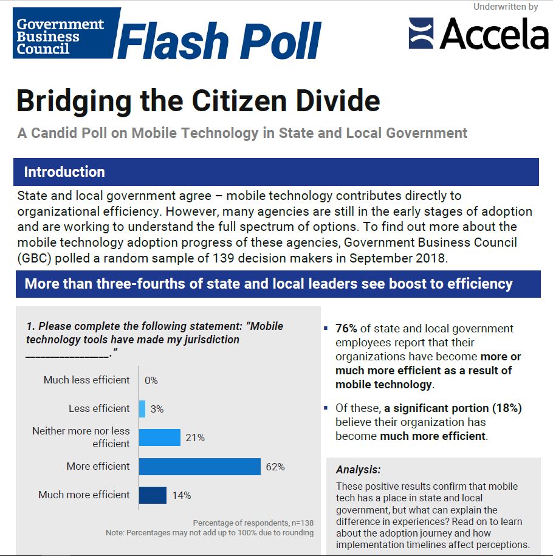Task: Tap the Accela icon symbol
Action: coord(421,33)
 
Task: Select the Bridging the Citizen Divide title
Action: coord(198,101)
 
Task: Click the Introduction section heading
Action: coord(64,172)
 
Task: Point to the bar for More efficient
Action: coord(199,467)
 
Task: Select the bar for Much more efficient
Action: coord(153,495)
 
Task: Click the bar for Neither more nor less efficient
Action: coord(159,438)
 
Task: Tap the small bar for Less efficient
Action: coord(142,409)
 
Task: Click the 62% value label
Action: coord(275,467)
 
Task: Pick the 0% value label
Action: coord(151,380)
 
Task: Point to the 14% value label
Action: coord(181,495)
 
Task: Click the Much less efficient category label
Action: coord(87,380)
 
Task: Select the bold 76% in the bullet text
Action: coord(346,329)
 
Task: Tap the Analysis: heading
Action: coord(359,469)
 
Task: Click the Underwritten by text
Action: coord(506,7)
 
